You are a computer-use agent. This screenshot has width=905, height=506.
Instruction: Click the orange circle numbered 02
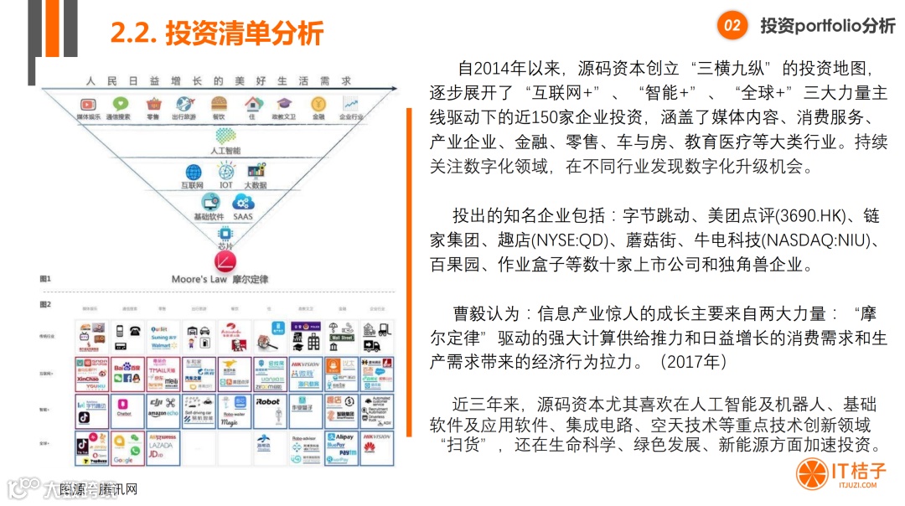click(732, 25)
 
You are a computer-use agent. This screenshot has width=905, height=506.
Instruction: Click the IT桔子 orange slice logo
click(811, 473)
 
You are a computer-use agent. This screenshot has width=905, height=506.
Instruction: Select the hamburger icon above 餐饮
click(219, 104)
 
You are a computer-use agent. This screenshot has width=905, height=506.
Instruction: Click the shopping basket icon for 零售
click(153, 104)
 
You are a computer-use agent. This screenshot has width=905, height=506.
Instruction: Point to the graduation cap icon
click(284, 104)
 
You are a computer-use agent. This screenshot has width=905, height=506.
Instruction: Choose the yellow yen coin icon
click(318, 104)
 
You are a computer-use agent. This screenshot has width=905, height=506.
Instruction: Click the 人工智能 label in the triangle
click(225, 151)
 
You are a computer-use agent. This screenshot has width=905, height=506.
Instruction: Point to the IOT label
click(226, 184)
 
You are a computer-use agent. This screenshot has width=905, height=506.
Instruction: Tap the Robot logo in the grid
click(268, 401)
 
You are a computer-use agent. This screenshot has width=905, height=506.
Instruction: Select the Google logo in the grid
click(123, 460)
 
